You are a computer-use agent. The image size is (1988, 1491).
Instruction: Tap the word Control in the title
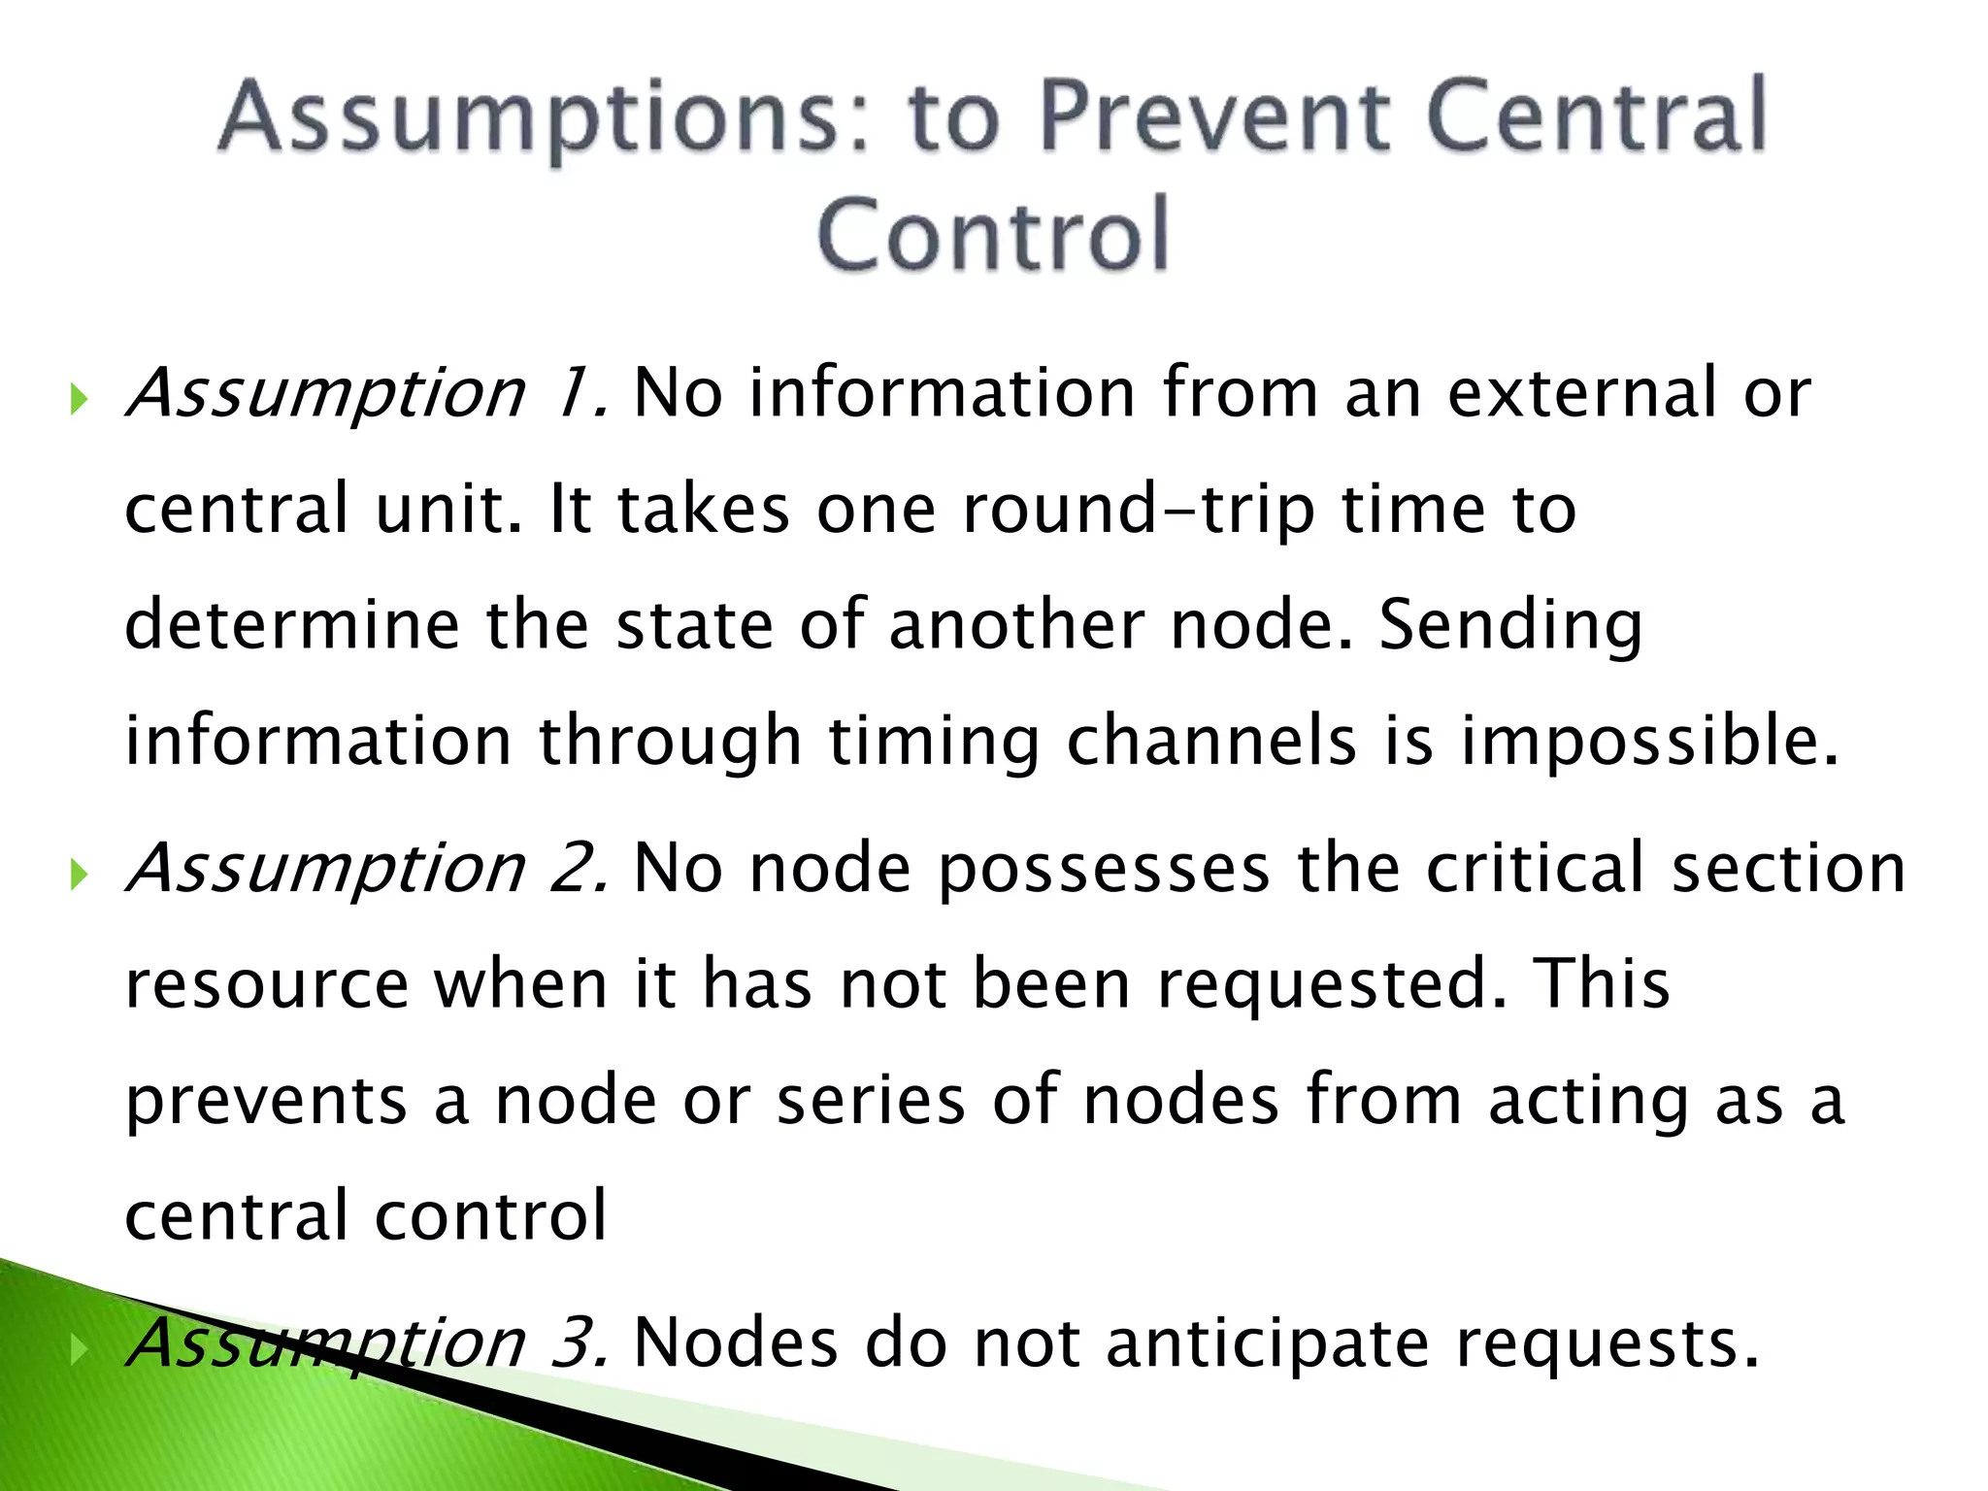pyautogui.click(x=993, y=234)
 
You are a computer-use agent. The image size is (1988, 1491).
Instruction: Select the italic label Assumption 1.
pyautogui.click(x=368, y=393)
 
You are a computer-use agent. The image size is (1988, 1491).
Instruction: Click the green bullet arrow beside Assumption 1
pyautogui.click(x=80, y=399)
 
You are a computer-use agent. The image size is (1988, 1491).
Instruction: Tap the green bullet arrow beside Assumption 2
pyautogui.click(x=80, y=875)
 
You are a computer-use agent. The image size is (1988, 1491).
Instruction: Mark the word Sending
pyautogui.click(x=1510, y=626)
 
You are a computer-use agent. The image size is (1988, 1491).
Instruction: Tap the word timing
pyautogui.click(x=933, y=743)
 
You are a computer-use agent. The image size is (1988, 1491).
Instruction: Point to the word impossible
pyautogui.click(x=1649, y=743)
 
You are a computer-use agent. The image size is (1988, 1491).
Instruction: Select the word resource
pyautogui.click(x=267, y=985)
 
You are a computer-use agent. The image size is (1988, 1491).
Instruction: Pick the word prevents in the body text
pyautogui.click(x=267, y=1102)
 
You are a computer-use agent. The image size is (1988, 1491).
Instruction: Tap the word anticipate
pyautogui.click(x=1268, y=1344)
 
